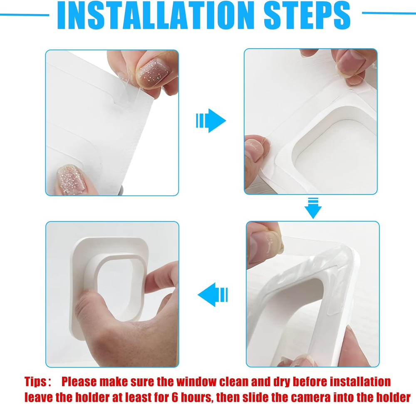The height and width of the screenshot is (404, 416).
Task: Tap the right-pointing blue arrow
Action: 211,121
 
